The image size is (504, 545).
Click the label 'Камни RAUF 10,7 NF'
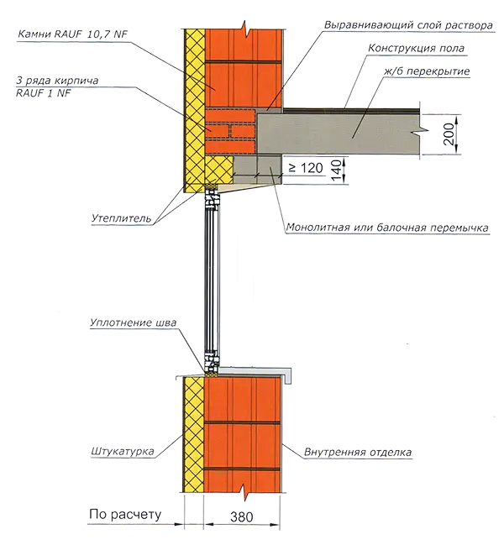(72, 34)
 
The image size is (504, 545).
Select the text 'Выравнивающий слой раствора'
(408, 25)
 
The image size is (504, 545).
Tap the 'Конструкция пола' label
(416, 48)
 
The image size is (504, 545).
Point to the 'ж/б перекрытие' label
(427, 71)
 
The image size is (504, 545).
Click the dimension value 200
(449, 134)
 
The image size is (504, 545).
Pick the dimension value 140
(336, 170)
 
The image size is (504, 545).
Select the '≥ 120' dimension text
(306, 168)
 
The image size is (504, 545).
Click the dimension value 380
(242, 516)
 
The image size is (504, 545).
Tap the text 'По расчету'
(125, 515)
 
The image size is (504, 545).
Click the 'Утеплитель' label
(122, 218)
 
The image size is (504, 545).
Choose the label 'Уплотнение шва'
(133, 322)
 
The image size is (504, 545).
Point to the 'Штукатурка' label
(123, 452)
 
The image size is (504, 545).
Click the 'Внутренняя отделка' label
(358, 452)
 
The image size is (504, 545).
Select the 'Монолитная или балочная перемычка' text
(387, 228)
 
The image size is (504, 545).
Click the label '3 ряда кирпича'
(57, 81)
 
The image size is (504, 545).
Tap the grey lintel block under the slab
(257, 169)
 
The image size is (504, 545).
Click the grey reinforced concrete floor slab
(338, 134)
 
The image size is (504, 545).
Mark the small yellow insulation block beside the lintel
(219, 170)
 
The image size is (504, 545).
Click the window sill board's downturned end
(288, 375)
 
